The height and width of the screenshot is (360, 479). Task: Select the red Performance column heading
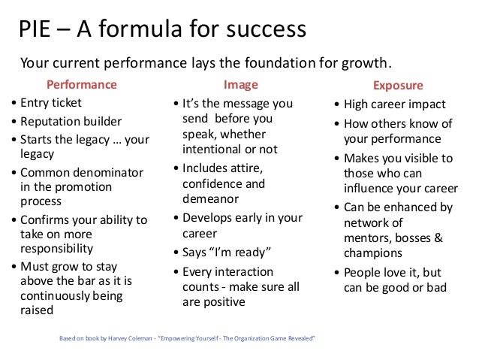click(82, 85)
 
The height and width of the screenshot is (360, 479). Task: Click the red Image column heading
click(240, 85)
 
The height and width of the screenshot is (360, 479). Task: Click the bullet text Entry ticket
click(50, 103)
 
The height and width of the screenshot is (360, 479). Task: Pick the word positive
click(224, 301)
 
